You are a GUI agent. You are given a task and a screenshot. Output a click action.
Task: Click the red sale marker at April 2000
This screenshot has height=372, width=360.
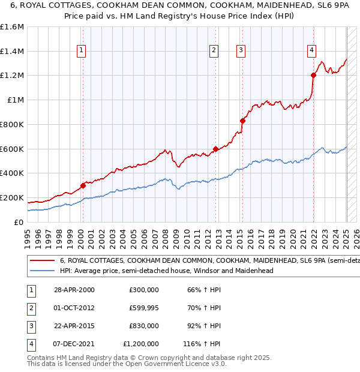click(83, 185)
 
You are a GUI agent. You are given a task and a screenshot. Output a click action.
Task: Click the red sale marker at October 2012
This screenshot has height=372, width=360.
click(216, 149)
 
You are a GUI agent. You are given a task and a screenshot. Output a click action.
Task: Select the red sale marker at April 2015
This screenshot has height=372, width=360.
click(242, 121)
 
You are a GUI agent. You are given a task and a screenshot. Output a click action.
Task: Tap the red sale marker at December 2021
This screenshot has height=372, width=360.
click(313, 75)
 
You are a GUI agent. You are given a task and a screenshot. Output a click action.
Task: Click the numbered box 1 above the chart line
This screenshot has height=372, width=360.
click(81, 50)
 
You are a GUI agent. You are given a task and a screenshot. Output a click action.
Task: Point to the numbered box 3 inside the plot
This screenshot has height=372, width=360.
click(240, 50)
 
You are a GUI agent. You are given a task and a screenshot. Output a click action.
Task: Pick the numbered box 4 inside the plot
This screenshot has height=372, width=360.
click(312, 50)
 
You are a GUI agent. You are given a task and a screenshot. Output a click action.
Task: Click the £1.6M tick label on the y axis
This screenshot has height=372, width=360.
click(12, 27)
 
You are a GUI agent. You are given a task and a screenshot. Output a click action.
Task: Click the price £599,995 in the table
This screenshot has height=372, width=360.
click(143, 308)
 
